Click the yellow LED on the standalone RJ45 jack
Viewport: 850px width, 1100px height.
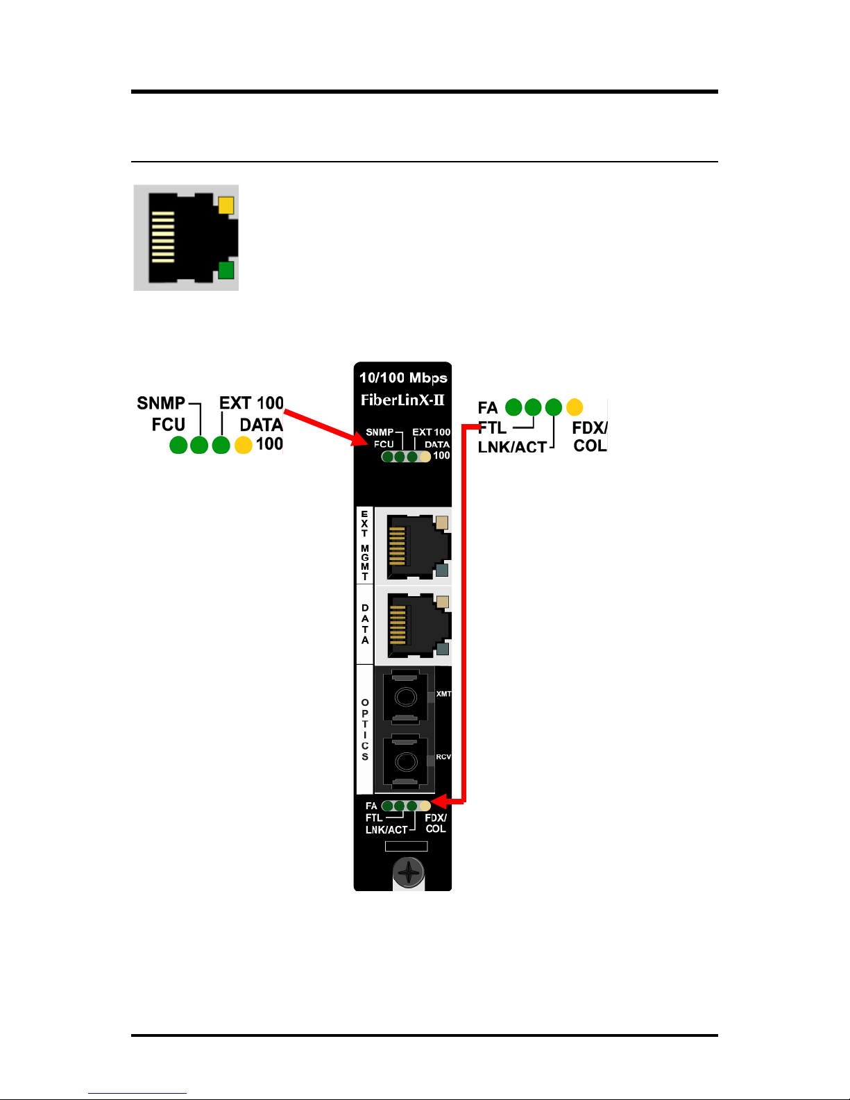coord(226,205)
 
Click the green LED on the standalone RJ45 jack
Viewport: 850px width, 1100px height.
coord(226,270)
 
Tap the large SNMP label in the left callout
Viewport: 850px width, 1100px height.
coord(161,403)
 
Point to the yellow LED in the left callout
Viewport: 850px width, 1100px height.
coord(244,445)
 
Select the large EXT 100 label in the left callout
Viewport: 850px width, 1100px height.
coord(251,403)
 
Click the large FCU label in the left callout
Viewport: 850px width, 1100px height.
coord(169,424)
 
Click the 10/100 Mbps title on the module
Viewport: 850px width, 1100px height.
coord(403,378)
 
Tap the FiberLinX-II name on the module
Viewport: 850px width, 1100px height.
coord(402,400)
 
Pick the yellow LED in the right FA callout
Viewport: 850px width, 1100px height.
coord(575,407)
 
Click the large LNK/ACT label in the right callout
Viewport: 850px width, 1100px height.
coord(512,447)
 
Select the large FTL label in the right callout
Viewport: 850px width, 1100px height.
coord(492,428)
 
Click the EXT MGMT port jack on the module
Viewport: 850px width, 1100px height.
coord(418,547)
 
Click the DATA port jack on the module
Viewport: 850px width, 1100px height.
coord(418,626)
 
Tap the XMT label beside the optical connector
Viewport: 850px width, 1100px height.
coord(443,694)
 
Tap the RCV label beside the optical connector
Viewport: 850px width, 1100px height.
coord(443,756)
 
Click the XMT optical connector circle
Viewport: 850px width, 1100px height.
coord(405,697)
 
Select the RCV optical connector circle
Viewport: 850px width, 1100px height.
coord(405,761)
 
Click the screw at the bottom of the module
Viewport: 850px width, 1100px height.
coord(408,872)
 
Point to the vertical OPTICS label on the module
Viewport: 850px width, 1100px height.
coord(365,729)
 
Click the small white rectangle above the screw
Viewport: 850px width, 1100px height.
coord(407,846)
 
